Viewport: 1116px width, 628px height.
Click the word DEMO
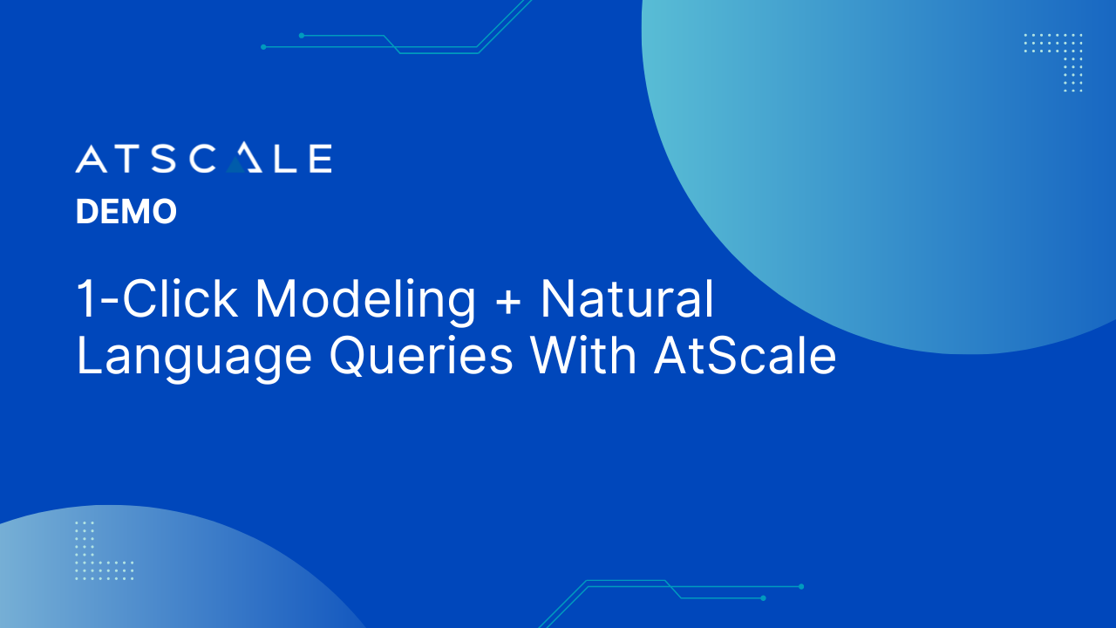click(126, 211)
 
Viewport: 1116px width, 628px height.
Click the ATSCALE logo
click(204, 158)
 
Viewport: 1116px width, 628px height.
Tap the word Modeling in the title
click(365, 299)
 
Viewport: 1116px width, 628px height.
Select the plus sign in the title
click(508, 301)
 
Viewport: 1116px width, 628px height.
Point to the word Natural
click(628, 298)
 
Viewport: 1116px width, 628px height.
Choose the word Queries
click(421, 356)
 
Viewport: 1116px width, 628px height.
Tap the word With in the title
click(583, 355)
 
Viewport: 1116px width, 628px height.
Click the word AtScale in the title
click(745, 355)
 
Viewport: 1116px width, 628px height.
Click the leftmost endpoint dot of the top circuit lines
click(263, 47)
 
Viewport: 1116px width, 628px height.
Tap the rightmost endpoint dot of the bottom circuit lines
click(801, 587)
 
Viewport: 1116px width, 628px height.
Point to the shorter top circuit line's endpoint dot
click(302, 36)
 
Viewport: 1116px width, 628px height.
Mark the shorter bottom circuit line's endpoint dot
click(763, 598)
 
